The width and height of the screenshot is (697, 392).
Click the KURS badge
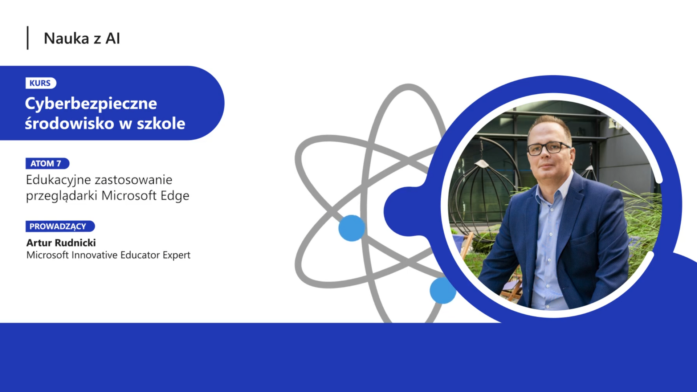(41, 83)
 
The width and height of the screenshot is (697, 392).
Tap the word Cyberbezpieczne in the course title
(91, 104)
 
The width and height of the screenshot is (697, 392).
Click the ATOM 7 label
(47, 163)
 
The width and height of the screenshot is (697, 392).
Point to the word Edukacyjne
(58, 180)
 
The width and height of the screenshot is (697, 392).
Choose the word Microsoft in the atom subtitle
(129, 196)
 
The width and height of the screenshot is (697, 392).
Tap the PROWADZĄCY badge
(60, 226)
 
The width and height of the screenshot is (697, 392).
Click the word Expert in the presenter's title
(176, 255)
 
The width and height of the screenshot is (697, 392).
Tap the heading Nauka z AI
(82, 38)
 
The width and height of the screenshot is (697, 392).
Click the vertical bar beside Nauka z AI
(28, 38)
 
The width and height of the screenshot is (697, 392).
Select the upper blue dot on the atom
(351, 228)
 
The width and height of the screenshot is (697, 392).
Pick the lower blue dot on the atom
(443, 290)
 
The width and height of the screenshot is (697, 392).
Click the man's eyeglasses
(548, 148)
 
